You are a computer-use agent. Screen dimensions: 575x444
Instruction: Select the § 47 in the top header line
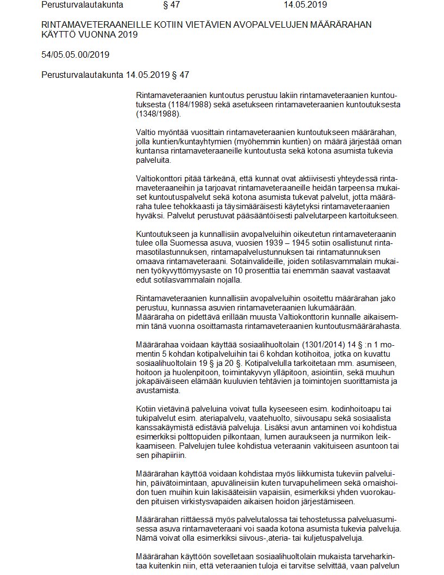tap(171, 5)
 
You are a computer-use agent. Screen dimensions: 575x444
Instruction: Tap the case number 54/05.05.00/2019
tap(75, 55)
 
